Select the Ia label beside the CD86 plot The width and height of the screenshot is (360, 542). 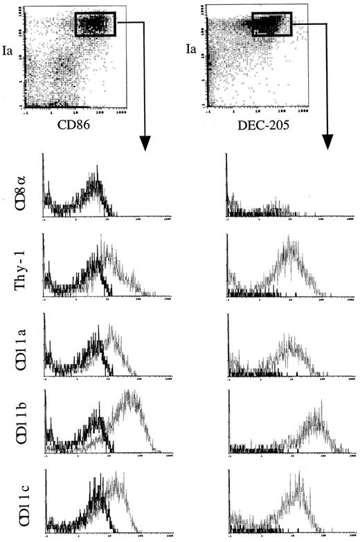click(x=11, y=50)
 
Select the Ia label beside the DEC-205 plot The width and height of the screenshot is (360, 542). click(x=194, y=50)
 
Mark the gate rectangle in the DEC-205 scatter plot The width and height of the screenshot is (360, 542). click(x=271, y=24)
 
